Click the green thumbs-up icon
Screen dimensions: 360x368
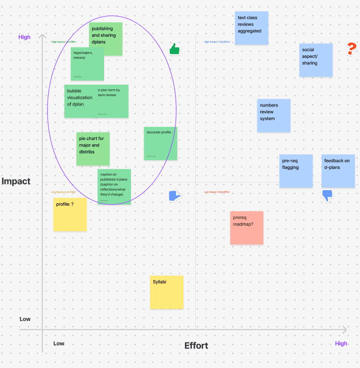click(x=175, y=49)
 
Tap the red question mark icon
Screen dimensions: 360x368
click(x=351, y=49)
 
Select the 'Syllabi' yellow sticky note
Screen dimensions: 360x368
click(x=167, y=292)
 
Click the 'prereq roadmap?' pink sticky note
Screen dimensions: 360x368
click(x=247, y=228)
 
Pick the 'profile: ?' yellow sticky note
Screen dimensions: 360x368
click(x=70, y=214)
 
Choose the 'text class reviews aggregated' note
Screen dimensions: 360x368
click(x=252, y=28)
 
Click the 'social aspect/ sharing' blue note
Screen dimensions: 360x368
click(x=316, y=60)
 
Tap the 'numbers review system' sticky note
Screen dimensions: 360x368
click(x=274, y=115)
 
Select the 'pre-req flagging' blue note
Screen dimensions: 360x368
click(x=296, y=171)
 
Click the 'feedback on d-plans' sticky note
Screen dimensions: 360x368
click(x=338, y=171)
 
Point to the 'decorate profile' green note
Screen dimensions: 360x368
click(x=160, y=143)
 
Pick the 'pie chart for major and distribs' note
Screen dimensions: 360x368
click(x=93, y=149)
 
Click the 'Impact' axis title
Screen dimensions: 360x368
click(x=16, y=182)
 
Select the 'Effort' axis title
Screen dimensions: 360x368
click(x=196, y=346)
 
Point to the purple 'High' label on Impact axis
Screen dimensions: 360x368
click(x=25, y=37)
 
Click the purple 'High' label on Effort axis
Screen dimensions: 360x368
click(x=341, y=343)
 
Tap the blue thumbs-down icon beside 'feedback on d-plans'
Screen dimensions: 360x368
click(x=328, y=196)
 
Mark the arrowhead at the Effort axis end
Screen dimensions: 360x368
click(x=345, y=329)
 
